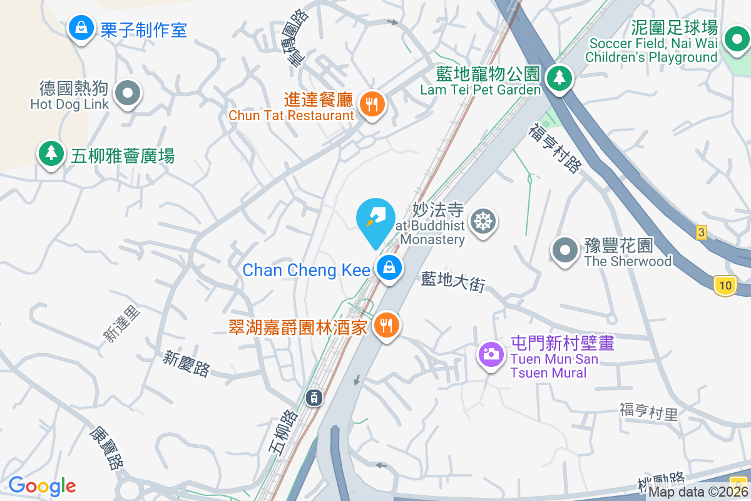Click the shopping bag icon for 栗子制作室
click(81, 28)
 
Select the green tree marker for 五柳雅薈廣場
click(51, 153)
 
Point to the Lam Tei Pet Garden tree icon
click(557, 78)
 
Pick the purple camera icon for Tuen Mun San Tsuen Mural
click(491, 354)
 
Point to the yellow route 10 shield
click(725, 286)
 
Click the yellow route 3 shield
click(701, 232)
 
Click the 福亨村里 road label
click(648, 411)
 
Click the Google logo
click(42, 486)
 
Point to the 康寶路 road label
click(106, 448)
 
